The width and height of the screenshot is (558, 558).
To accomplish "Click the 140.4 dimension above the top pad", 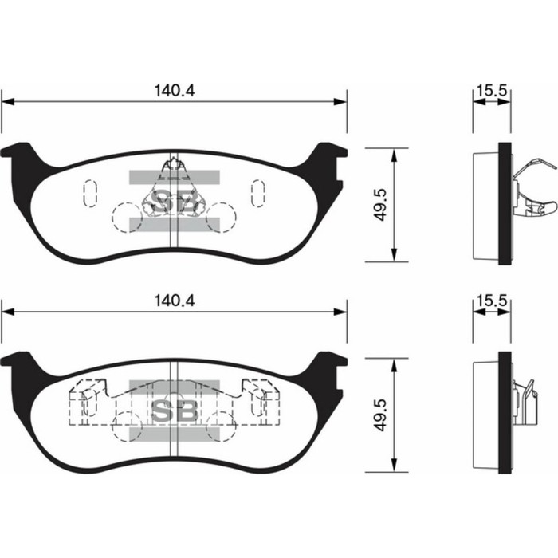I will click(x=175, y=91).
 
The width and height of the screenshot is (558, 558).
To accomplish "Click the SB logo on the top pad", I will click(x=174, y=202).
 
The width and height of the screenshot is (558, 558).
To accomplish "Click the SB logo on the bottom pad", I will click(x=174, y=410).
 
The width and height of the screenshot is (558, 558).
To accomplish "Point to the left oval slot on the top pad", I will click(x=89, y=193).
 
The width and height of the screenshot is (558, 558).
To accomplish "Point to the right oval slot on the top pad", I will click(x=258, y=193).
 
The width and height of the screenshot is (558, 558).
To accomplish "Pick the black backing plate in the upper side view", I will click(x=504, y=205).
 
